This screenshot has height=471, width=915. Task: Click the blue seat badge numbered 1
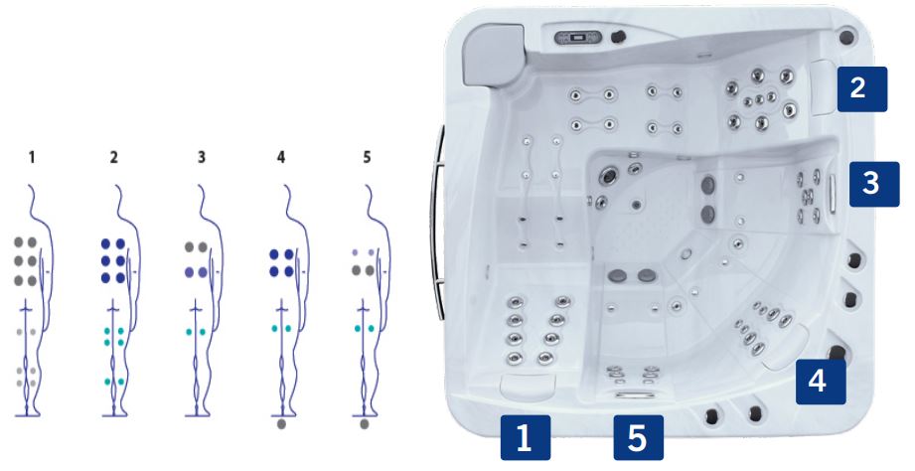pyautogui.click(x=526, y=438)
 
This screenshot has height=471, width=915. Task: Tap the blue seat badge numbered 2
pyautogui.click(x=862, y=89)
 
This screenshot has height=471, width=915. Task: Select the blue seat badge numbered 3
pyautogui.click(x=873, y=184)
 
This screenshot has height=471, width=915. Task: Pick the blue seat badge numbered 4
pyautogui.click(x=821, y=382)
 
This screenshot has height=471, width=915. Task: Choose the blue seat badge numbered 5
pyautogui.click(x=638, y=438)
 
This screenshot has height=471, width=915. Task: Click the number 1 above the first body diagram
pyautogui.click(x=32, y=157)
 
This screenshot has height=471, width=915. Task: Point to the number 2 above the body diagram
pyautogui.click(x=113, y=157)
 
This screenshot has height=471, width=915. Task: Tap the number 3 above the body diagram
pyautogui.click(x=202, y=157)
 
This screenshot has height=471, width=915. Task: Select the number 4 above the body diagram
pyautogui.click(x=281, y=157)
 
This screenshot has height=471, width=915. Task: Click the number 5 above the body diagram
pyautogui.click(x=367, y=157)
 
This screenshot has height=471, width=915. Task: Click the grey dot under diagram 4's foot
pyautogui.click(x=281, y=424)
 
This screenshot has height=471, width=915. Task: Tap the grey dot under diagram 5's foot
pyautogui.click(x=365, y=424)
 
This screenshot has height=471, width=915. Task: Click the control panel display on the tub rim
pyautogui.click(x=577, y=39)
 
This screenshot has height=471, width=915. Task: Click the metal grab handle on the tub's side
pyautogui.click(x=436, y=223)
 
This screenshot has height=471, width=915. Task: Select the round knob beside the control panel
pyautogui.click(x=617, y=37)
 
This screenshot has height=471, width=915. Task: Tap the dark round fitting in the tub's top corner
pyautogui.click(x=845, y=37)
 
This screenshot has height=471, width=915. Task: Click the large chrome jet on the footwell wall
pyautogui.click(x=610, y=175)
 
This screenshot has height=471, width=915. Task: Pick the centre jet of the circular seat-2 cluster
pyautogui.click(x=759, y=99)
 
